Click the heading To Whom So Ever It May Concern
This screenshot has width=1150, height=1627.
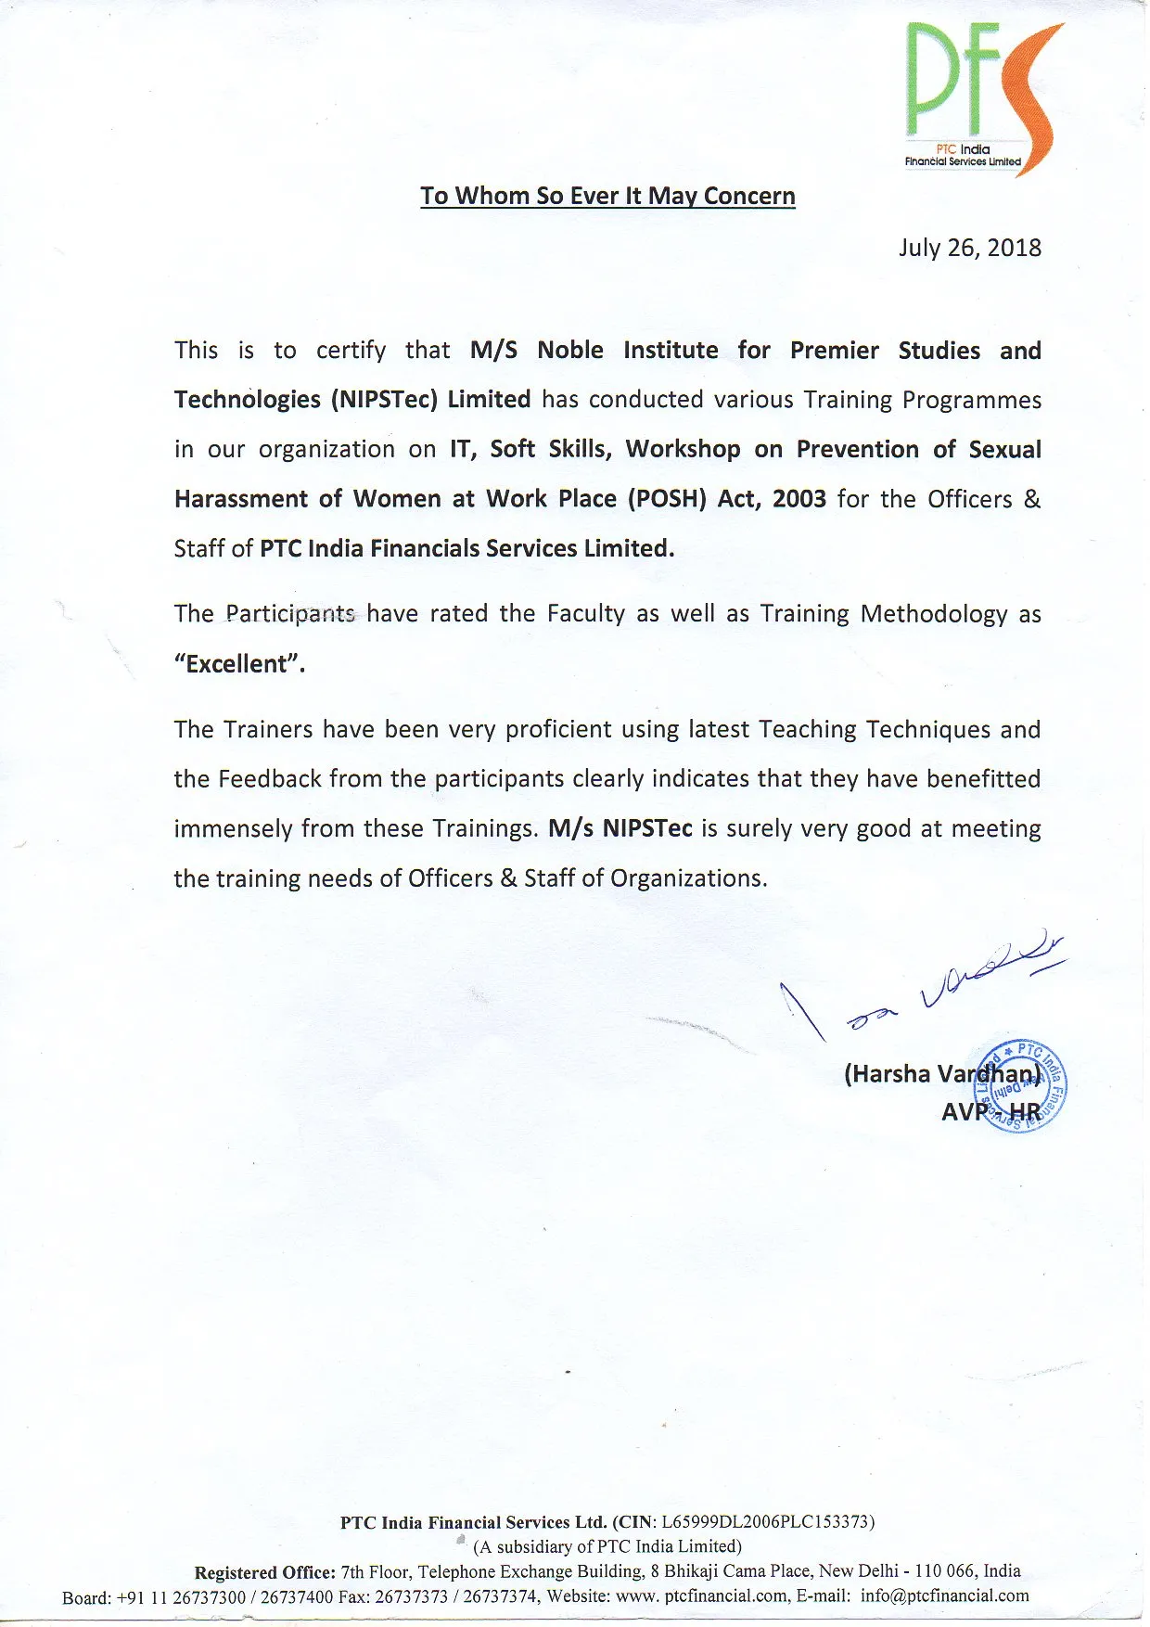607,196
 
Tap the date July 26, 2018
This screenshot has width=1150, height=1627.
969,248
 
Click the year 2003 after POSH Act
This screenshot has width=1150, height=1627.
799,499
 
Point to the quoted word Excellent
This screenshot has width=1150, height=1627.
239,664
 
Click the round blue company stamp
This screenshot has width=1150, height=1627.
1025,1085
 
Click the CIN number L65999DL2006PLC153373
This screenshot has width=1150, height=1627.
767,1522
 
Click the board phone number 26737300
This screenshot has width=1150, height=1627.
209,1596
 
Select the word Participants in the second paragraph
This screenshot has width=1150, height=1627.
290,614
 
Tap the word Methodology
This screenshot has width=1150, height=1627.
933,614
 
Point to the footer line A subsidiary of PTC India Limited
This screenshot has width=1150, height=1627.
607,1546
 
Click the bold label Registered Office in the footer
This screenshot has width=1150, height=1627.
264,1571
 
